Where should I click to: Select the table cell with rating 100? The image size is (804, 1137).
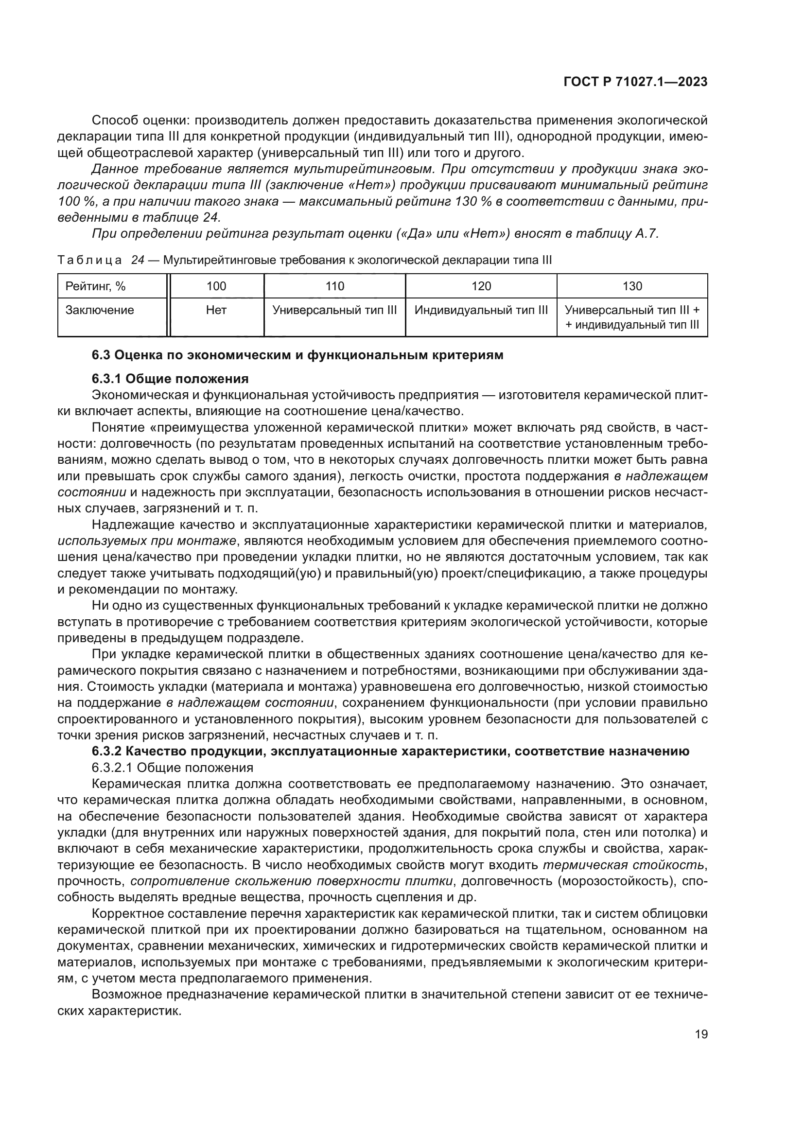click(x=216, y=286)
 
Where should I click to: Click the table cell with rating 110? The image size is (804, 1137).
click(x=334, y=286)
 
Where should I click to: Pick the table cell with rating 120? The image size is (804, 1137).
click(x=481, y=286)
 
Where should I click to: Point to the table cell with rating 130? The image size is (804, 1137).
click(x=632, y=286)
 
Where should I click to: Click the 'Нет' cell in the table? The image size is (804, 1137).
click(x=216, y=311)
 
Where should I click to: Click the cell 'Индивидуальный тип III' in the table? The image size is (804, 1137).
click(x=481, y=311)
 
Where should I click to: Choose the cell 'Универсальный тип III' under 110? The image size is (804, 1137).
click(x=334, y=311)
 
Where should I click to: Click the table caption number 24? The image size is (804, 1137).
click(x=137, y=261)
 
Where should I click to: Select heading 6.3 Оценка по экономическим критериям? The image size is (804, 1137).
click(x=297, y=355)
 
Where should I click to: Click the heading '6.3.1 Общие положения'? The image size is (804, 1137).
click(x=170, y=379)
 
